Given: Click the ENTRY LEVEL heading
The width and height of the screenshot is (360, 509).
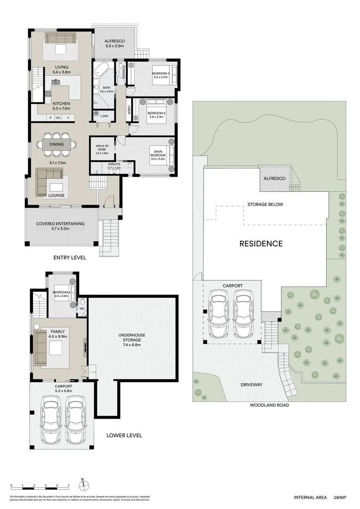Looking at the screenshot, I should [70, 258].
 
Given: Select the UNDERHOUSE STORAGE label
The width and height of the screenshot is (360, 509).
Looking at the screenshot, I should [132, 337].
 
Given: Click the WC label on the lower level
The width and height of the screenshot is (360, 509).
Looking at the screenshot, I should [82, 309].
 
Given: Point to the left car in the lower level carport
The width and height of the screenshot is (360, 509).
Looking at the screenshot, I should [51, 417].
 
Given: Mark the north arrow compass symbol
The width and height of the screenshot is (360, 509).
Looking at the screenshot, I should [82, 484].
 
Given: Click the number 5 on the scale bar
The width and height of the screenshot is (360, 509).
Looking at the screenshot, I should [68, 485].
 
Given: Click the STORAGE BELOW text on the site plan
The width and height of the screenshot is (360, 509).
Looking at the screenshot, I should [267, 205].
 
